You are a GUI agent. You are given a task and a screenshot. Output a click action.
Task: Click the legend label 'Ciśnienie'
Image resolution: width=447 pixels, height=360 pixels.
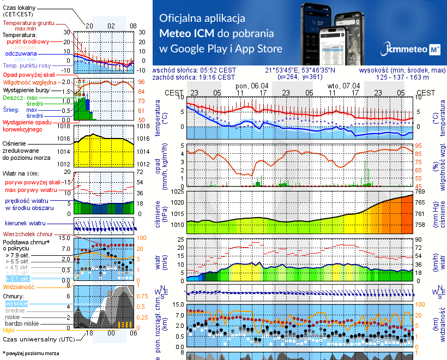[x=18, y=143]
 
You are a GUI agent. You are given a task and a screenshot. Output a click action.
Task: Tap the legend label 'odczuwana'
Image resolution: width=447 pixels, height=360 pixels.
[x=21, y=54]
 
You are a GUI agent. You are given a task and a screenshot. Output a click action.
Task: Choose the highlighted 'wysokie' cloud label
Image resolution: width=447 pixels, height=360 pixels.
[x=16, y=303]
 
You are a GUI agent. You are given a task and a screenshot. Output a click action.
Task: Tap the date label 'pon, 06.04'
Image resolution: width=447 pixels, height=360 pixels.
[x=252, y=86]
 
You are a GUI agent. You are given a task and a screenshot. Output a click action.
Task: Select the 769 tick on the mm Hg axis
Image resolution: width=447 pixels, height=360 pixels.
[x=420, y=191]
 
